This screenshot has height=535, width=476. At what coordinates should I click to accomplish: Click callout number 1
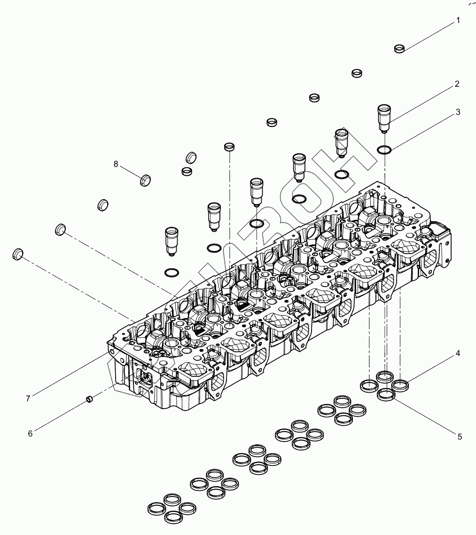pos(458,21)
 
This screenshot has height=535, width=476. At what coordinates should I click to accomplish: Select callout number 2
pos(457,85)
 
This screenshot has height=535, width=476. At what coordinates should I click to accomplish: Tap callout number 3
pos(457,112)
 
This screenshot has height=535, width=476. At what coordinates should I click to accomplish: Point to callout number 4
pos(457,353)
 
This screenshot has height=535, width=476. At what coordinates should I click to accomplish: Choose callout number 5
pos(460,436)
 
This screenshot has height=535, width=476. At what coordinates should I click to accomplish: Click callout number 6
pos(30,434)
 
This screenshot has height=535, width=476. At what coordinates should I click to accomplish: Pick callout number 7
pos(28,398)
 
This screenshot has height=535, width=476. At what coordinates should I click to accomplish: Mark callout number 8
pos(116,163)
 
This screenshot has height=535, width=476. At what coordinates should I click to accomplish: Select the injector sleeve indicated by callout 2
pos(385,117)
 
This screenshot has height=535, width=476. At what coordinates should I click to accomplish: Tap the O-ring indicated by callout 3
pos(384,150)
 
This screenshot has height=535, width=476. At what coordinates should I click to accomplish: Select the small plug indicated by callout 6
pos(88,399)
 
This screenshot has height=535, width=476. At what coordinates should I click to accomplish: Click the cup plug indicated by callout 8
pos(146,179)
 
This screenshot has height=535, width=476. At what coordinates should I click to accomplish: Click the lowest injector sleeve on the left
pos(172,240)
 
